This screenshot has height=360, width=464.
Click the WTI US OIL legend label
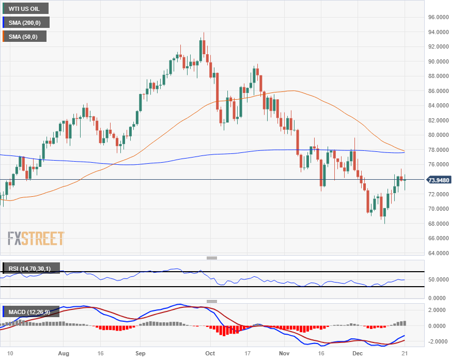pos(25,8)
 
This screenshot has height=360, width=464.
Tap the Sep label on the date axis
pos(140,353)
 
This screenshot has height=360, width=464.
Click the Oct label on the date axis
pos(210,353)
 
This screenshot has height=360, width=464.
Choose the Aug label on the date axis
pos(64,353)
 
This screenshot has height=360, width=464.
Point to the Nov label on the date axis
pos(284,353)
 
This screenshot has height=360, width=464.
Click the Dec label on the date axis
pos(357,353)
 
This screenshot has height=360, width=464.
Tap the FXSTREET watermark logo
pos(36,239)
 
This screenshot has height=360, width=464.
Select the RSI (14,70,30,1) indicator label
pos(31,268)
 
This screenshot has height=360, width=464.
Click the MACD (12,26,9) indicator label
pos(31,311)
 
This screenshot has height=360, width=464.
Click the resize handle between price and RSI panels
pos(212,258)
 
